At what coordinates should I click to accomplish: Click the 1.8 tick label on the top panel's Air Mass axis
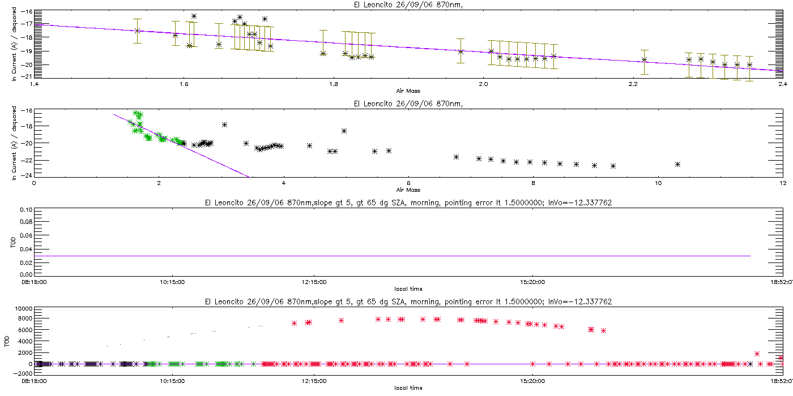tap(334, 84)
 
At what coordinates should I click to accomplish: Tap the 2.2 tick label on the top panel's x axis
tap(633, 84)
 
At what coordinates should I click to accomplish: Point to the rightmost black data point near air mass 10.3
tap(677, 165)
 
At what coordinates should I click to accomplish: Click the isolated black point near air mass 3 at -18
tap(224, 125)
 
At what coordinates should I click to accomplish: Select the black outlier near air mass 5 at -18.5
tap(344, 131)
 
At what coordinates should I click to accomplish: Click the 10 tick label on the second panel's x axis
tap(658, 183)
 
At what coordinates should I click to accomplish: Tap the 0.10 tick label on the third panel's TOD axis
tap(26, 210)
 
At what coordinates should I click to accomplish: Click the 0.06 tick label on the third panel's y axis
tap(26, 235)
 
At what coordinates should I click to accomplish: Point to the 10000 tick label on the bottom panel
tap(23, 309)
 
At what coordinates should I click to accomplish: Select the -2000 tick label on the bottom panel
tap(23, 373)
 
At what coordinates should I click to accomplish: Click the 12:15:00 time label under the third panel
tap(314, 282)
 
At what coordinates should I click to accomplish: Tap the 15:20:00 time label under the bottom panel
tap(532, 381)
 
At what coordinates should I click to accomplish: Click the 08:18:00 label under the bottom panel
tap(34, 381)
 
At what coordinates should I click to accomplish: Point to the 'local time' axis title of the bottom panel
tap(408, 388)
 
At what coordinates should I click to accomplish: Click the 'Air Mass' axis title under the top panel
tap(408, 91)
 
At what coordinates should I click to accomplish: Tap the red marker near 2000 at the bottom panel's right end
tap(757, 354)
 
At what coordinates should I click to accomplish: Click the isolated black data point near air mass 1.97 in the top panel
tap(461, 51)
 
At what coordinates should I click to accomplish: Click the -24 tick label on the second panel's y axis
tap(26, 175)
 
